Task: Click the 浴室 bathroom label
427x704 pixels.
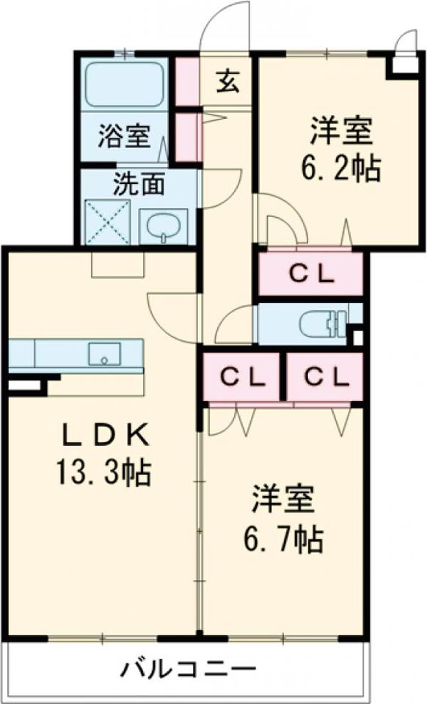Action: pyautogui.click(x=124, y=136)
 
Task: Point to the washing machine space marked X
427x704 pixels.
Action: pyautogui.click(x=108, y=220)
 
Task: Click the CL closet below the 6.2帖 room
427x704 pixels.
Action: pyautogui.click(x=310, y=274)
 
